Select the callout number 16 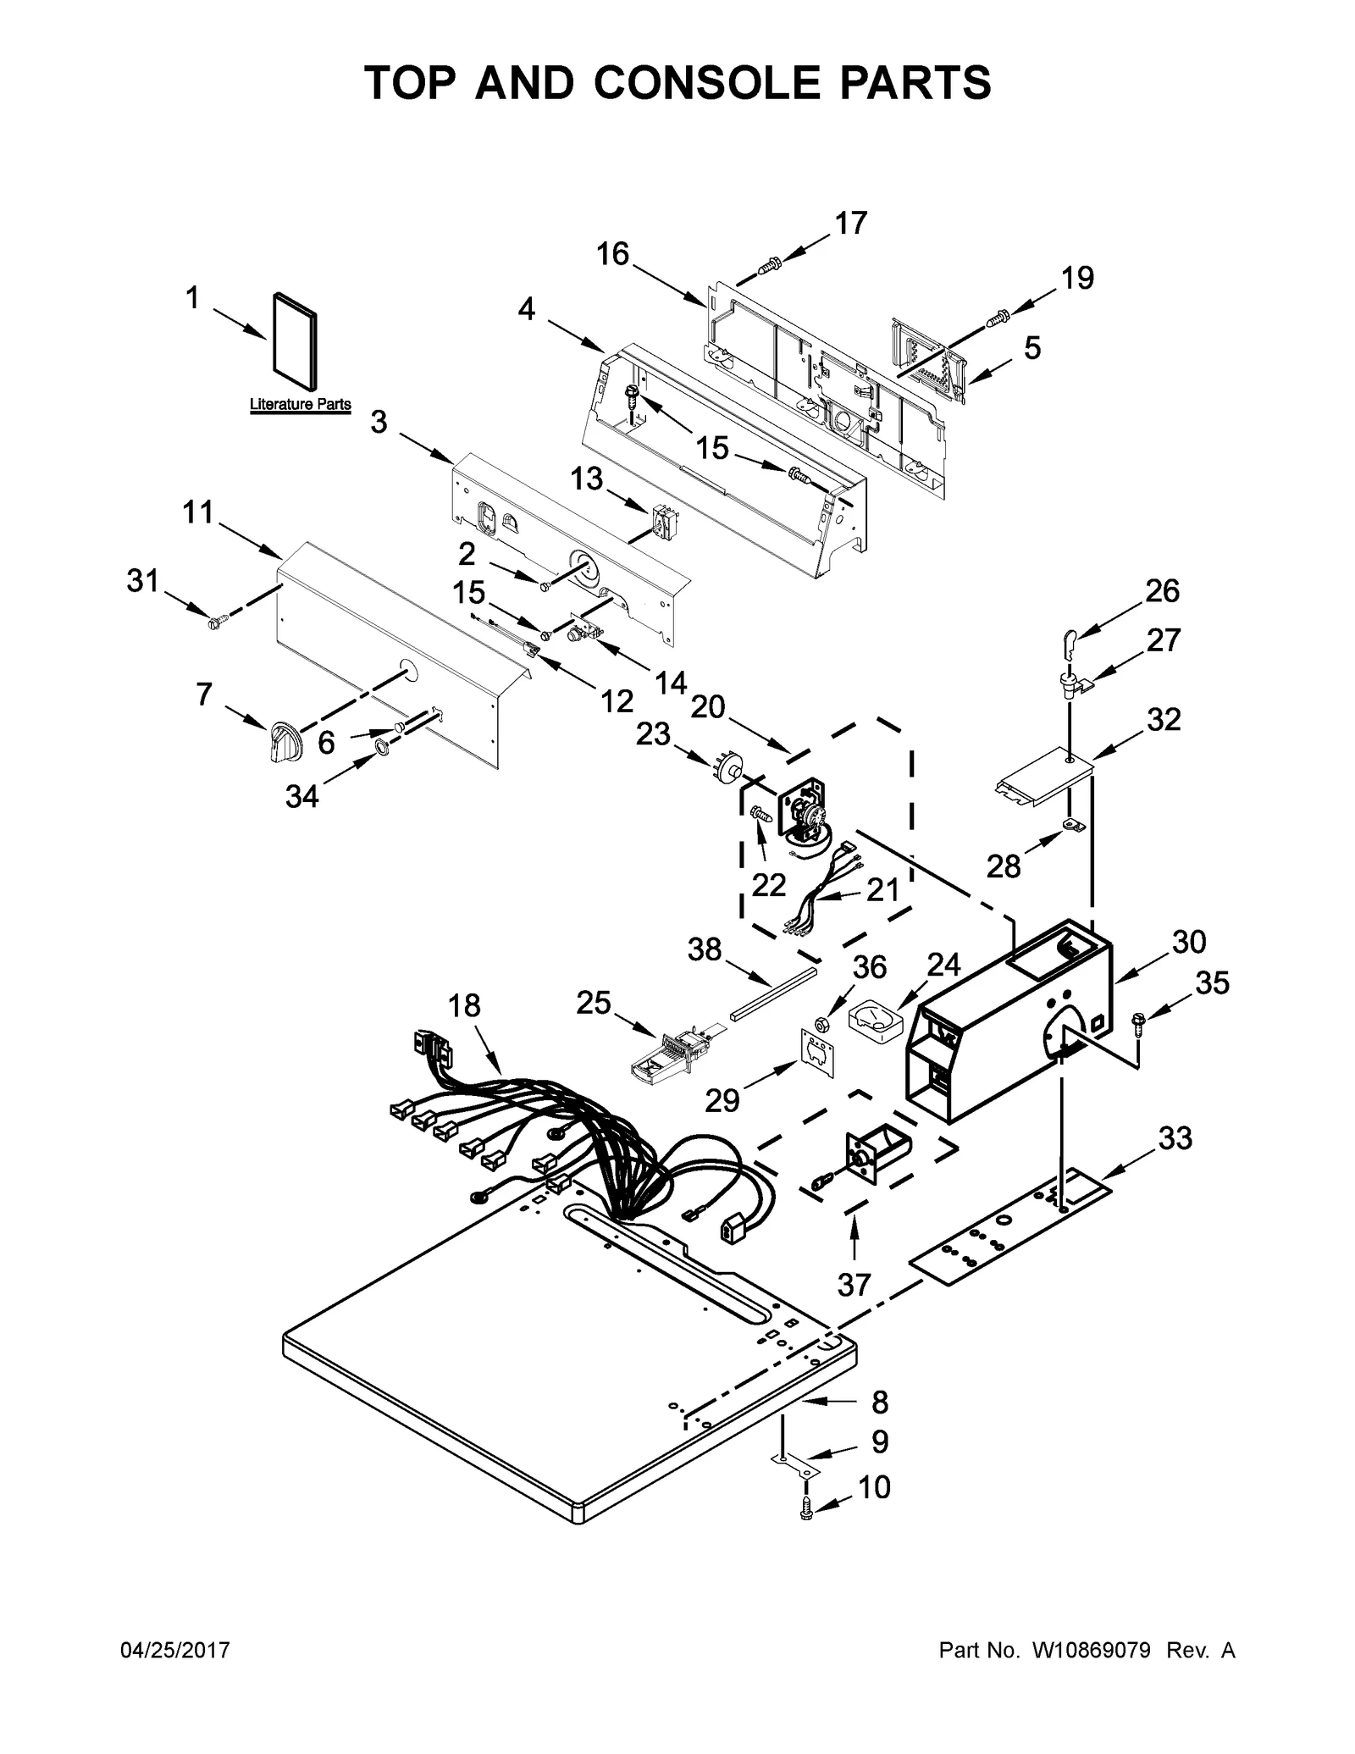(x=611, y=252)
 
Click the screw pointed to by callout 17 (x=768, y=265)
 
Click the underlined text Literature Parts (x=300, y=405)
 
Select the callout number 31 (x=143, y=581)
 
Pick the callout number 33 (x=1175, y=1138)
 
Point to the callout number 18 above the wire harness (x=464, y=1005)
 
